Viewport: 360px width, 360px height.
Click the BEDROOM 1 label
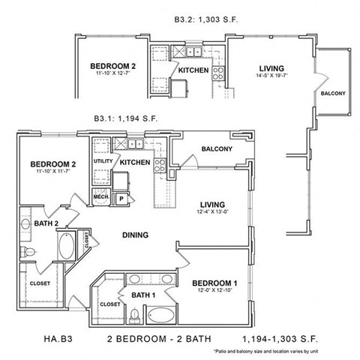click(214, 283)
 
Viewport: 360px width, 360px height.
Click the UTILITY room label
click(102, 162)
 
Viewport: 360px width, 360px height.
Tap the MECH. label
click(100, 197)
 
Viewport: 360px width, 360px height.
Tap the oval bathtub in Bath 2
click(67, 245)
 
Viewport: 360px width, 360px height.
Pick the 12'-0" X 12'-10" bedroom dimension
click(214, 291)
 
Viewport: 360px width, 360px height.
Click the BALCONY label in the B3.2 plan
click(333, 93)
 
